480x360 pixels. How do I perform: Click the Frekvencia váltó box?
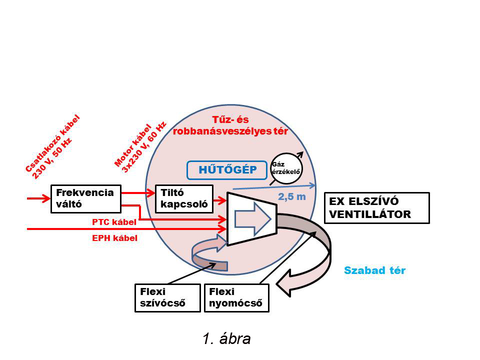(85, 198)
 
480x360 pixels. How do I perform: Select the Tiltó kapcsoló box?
(184, 198)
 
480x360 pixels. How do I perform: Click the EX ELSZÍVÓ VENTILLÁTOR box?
(376, 207)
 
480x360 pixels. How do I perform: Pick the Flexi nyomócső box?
(236, 298)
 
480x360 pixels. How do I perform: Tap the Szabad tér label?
(374, 270)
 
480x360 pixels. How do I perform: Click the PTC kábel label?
(114, 221)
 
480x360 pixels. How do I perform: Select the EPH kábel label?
(114, 238)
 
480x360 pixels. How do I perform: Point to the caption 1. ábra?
(226, 338)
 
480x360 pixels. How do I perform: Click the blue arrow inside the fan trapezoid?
(252, 218)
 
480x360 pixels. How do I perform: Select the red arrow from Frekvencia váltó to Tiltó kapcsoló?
(137, 192)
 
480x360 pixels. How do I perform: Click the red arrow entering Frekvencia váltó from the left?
(39, 198)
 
